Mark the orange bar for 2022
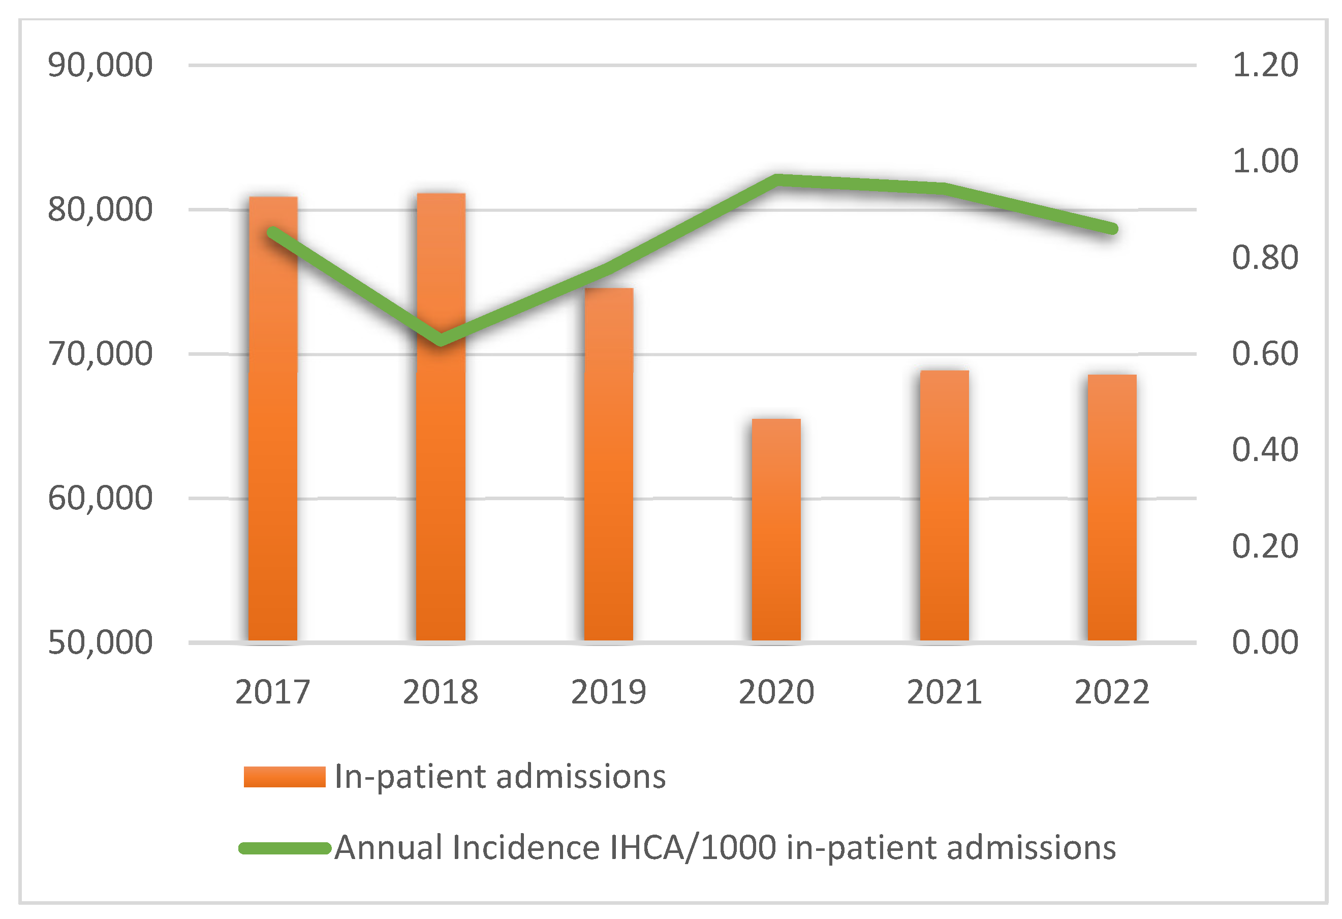click(1112, 508)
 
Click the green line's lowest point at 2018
click(441, 339)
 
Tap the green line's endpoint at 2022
click(1113, 229)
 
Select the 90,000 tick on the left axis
click(100, 65)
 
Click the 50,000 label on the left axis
click(100, 642)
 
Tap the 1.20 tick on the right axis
click(1265, 65)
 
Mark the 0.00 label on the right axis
click(1265, 642)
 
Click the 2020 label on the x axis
click(776, 692)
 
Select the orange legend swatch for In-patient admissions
click(284, 777)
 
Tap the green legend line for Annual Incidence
click(284, 848)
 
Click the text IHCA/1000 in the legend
click(693, 848)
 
